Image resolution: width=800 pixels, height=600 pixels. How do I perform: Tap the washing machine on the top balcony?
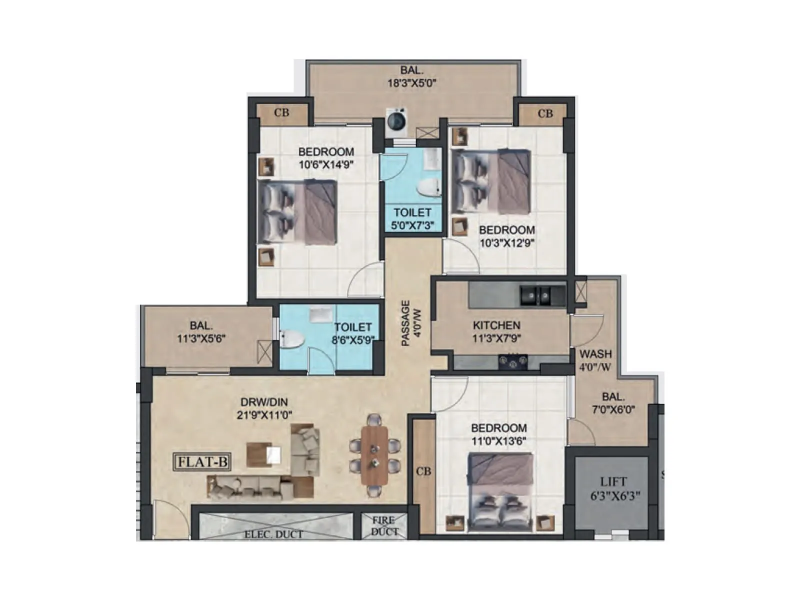coord(396,121)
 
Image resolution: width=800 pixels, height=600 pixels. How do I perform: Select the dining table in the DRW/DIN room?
coord(374,454)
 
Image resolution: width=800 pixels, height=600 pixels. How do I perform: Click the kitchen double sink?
coord(535,296)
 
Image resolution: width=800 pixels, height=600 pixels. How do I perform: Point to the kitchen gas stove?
coord(512,362)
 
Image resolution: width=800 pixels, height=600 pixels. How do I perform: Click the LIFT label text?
coord(613,481)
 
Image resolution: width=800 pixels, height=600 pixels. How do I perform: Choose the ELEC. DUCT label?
coord(273,534)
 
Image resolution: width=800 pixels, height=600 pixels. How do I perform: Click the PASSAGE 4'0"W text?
coord(411,323)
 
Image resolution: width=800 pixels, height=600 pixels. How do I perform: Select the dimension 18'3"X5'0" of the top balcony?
coord(412,83)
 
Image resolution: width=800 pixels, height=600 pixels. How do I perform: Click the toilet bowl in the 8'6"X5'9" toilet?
coord(292,339)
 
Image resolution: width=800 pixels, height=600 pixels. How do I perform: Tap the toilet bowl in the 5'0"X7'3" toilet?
coord(428,188)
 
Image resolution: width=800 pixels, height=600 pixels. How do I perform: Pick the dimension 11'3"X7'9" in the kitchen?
coord(496,338)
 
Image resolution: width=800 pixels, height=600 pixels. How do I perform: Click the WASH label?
coord(595,354)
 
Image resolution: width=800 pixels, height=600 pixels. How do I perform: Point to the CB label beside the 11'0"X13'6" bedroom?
coord(423,471)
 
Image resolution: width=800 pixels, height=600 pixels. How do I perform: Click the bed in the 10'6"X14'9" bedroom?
coord(297,212)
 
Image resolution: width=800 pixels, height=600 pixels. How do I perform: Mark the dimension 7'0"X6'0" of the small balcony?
coord(613,410)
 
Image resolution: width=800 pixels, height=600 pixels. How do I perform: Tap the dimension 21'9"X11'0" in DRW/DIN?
coord(264,415)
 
